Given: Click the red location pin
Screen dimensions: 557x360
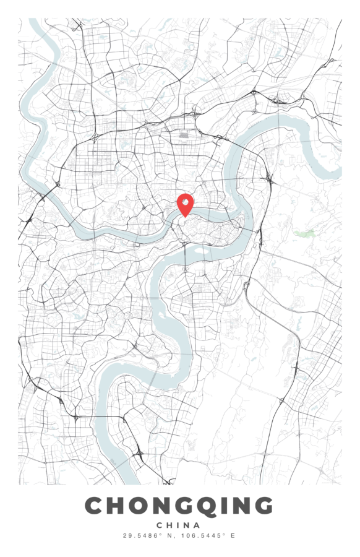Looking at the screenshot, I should point(185,204).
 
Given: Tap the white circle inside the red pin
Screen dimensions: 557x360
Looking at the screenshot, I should point(185,201).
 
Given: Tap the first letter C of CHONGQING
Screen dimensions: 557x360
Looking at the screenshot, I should point(95,506).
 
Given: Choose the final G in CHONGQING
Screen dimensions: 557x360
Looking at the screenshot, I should point(262,506).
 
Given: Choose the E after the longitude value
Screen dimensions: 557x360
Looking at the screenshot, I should point(233,535).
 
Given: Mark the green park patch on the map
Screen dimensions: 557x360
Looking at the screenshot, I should point(304,233).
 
